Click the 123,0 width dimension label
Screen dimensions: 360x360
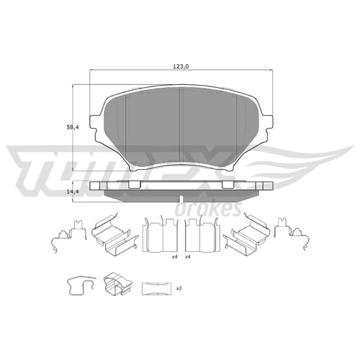pyautogui.click(x=181, y=66)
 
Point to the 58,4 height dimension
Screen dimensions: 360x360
pyautogui.click(x=73, y=127)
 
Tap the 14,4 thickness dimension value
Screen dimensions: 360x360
pyautogui.click(x=73, y=192)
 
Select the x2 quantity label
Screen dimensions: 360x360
pyautogui.click(x=179, y=289)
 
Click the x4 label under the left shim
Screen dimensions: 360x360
pyautogui.click(x=174, y=257)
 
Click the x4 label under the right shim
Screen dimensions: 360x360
pyautogui.click(x=188, y=257)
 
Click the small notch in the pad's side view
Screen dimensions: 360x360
pyautogui.click(x=181, y=199)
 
